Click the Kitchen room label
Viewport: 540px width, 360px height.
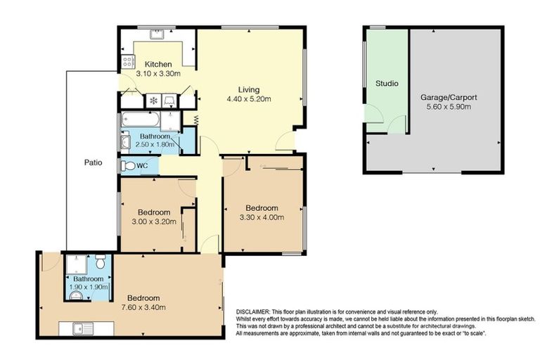(158, 65)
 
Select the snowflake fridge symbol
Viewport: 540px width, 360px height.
(153, 101)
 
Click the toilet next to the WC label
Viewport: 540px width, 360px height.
(127, 167)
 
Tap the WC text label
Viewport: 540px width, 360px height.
(142, 167)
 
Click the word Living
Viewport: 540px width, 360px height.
(248, 89)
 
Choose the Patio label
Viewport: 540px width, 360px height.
(93, 162)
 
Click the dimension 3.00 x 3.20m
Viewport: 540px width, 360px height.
(153, 221)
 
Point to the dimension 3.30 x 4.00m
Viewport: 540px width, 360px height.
(262, 217)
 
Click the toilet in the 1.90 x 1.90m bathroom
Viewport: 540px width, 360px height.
(101, 264)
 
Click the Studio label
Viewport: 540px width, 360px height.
(386, 83)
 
